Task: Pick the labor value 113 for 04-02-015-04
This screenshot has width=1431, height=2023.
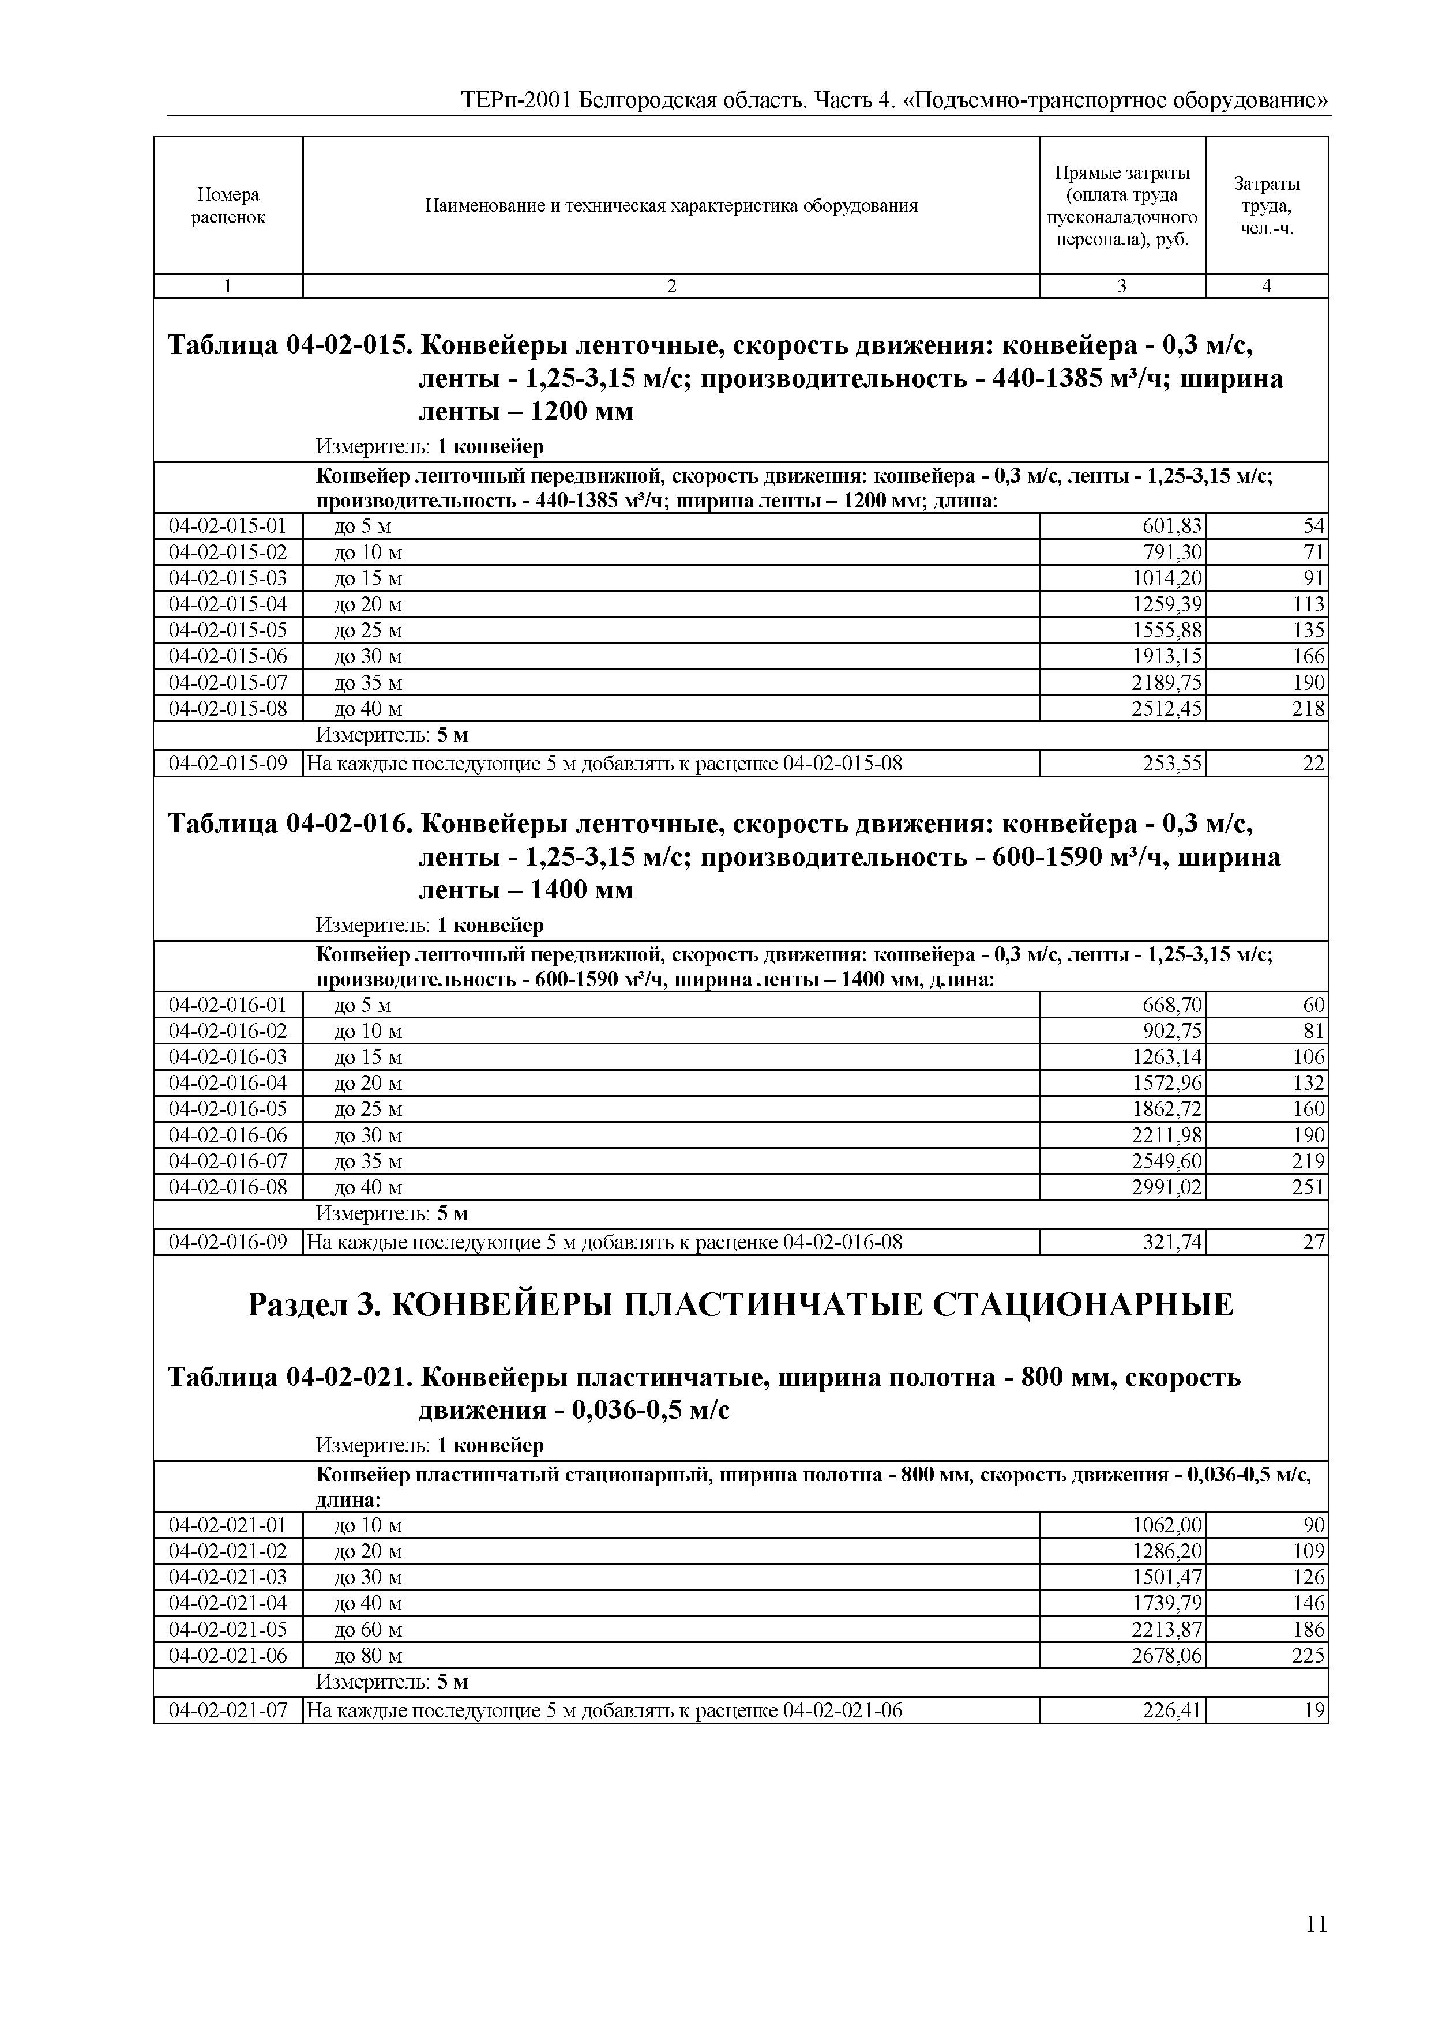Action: click(1309, 604)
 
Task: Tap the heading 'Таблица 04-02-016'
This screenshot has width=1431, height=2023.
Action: click(288, 824)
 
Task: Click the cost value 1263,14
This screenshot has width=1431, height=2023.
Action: click(1167, 1057)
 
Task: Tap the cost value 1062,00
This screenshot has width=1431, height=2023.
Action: click(1167, 1525)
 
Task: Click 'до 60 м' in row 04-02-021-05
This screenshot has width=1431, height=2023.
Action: click(369, 1629)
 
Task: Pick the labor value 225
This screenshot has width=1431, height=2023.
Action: click(1309, 1656)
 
